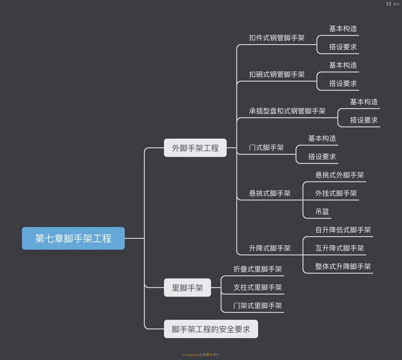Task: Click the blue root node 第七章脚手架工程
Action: (73, 238)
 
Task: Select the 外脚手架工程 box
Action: (195, 148)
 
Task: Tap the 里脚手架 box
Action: (187, 287)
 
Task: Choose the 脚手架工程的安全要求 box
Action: (211, 329)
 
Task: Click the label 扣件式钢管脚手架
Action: (276, 38)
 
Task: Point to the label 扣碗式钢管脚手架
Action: (276, 74)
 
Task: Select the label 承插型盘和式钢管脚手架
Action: (287, 111)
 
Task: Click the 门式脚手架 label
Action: (266, 147)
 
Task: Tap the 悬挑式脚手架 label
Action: (269, 193)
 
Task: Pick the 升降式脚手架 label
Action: (269, 248)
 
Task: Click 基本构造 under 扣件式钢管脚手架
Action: (343, 29)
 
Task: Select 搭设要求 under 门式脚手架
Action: (322, 156)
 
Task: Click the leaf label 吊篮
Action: (322, 211)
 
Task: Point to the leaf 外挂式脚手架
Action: (336, 193)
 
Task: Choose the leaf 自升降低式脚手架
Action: (343, 230)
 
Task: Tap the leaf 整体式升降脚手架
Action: (343, 266)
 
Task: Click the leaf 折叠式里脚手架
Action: (257, 269)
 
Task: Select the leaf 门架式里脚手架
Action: (257, 305)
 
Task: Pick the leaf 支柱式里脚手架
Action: (257, 287)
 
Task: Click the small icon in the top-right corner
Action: (388, 4)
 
